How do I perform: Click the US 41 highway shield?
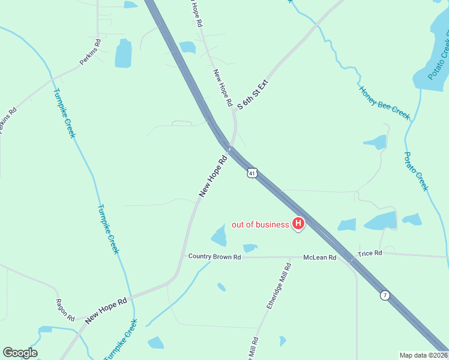[253, 173]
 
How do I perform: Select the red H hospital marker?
[298, 224]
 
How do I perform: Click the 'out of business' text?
[261, 225]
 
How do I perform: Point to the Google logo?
[20, 353]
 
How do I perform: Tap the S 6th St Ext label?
[252, 95]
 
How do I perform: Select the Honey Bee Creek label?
[384, 103]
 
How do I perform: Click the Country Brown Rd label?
[214, 256]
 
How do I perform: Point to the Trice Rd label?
[370, 253]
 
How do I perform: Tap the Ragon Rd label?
[65, 310]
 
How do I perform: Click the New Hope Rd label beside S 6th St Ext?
[222, 88]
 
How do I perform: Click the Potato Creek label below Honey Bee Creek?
[416, 172]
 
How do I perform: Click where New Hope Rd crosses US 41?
[229, 146]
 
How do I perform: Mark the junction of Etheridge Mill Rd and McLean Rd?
[290, 257]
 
